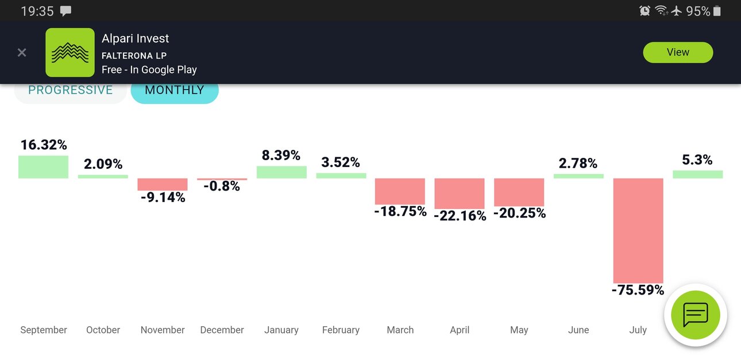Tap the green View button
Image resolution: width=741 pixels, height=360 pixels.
(678, 52)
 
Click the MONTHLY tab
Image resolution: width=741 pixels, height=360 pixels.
(175, 92)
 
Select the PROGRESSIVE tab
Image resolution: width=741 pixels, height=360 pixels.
(71, 92)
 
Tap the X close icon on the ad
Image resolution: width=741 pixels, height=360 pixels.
(22, 53)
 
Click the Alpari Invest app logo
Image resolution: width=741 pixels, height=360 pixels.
(70, 52)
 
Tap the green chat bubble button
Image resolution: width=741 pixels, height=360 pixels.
(696, 315)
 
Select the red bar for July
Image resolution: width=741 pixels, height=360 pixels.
(638, 230)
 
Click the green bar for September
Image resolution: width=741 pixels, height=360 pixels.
(43, 167)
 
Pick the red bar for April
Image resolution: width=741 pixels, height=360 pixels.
(460, 193)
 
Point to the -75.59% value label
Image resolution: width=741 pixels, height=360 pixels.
(638, 290)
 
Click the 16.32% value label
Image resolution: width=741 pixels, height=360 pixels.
(44, 145)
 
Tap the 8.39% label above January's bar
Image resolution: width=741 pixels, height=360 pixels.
(281, 155)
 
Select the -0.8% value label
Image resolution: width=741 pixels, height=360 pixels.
(222, 186)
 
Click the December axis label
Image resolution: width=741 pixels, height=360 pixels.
(222, 330)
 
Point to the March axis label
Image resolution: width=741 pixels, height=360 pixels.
(400, 330)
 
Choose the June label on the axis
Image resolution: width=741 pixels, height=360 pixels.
(578, 330)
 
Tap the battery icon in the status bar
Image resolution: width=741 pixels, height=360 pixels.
(717, 11)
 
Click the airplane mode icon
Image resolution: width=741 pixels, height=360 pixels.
(677, 11)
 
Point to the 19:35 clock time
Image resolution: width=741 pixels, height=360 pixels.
(37, 11)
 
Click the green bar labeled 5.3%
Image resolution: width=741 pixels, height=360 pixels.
(698, 174)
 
